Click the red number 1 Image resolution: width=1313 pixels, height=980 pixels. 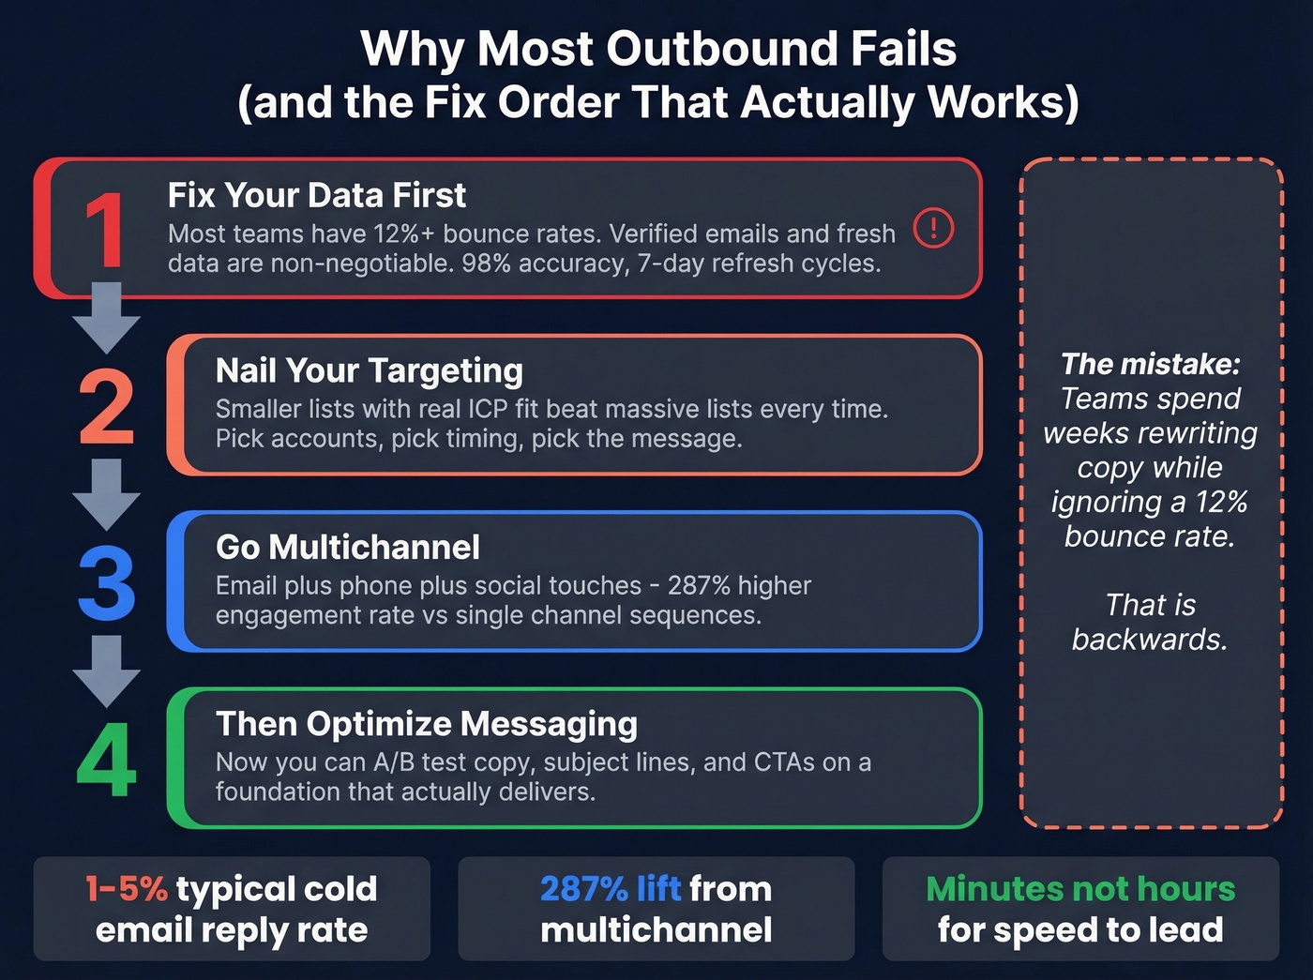coord(105,230)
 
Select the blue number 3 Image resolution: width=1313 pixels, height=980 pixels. coord(106,584)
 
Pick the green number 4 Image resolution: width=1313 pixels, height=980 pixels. coord(106,761)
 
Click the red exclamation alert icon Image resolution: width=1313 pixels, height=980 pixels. coord(933,228)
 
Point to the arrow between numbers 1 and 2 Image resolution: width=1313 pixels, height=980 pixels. coord(106,317)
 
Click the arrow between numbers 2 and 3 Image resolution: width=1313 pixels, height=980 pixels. coord(106,494)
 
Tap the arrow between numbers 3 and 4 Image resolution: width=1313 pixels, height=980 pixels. coord(106,671)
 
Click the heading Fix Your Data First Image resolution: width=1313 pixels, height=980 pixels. coord(316,195)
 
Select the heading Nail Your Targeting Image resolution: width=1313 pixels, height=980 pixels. coord(369,371)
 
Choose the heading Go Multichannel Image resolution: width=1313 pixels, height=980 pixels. coord(347,548)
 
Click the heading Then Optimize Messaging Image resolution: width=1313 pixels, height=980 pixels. coord(426,724)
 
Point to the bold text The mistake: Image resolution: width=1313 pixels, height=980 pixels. coord(1150,364)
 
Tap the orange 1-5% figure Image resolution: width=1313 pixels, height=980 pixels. coord(126,889)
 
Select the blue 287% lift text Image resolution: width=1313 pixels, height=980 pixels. coord(610,889)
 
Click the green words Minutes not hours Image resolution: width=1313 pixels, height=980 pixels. coord(1080,889)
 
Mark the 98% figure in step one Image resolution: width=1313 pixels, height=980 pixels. coord(485,264)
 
